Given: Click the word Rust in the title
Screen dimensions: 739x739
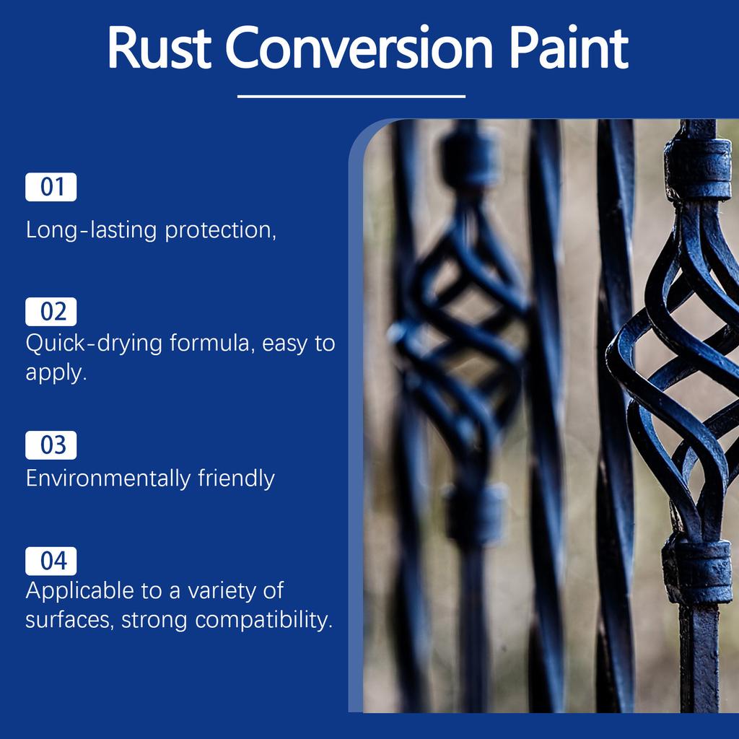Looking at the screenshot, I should (x=159, y=48).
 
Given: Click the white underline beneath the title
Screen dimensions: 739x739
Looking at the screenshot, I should (x=351, y=96).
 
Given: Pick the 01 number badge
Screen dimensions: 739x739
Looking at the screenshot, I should (x=51, y=187).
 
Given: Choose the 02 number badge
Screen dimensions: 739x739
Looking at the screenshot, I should (x=51, y=312).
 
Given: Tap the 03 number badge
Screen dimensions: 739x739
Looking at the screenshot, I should (x=51, y=445).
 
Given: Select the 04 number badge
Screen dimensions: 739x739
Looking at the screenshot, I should (x=51, y=561).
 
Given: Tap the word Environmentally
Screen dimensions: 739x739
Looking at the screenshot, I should (x=108, y=478).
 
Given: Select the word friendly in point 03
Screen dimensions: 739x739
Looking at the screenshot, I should (x=236, y=478).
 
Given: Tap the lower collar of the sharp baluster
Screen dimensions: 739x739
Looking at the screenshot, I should (x=697, y=572).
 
